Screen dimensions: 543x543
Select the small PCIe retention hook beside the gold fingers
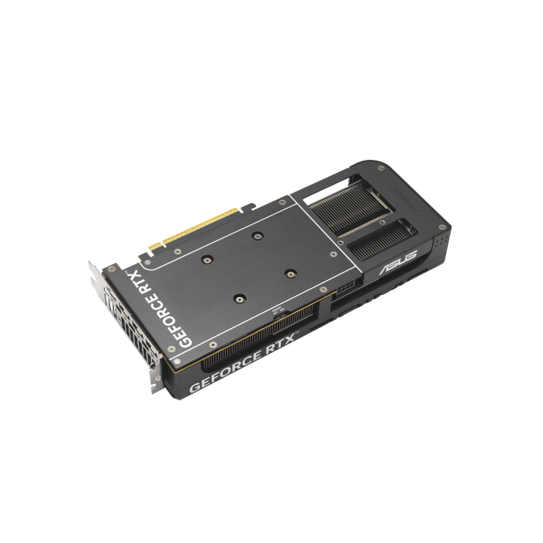(x=247, y=206)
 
